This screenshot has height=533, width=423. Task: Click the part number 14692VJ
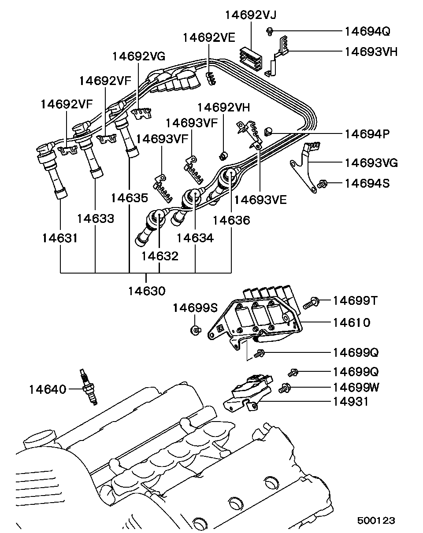tap(251, 15)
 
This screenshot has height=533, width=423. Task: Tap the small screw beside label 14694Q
tap(270, 31)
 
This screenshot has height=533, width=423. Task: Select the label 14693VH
tap(371, 52)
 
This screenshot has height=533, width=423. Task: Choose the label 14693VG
tap(371, 163)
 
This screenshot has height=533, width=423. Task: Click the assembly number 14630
tap(147, 291)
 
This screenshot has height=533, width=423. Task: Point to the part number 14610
tap(351, 322)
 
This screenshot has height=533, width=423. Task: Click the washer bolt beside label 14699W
tap(285, 388)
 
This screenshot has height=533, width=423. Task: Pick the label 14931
tap(351, 401)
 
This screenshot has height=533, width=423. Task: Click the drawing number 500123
tap(376, 520)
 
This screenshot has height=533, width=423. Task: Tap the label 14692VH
tap(223, 107)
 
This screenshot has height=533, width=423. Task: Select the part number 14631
tap(60, 238)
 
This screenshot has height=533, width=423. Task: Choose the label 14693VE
tap(260, 200)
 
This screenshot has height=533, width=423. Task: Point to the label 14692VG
tap(139, 56)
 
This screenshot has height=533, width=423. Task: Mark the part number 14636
tap(231, 220)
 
